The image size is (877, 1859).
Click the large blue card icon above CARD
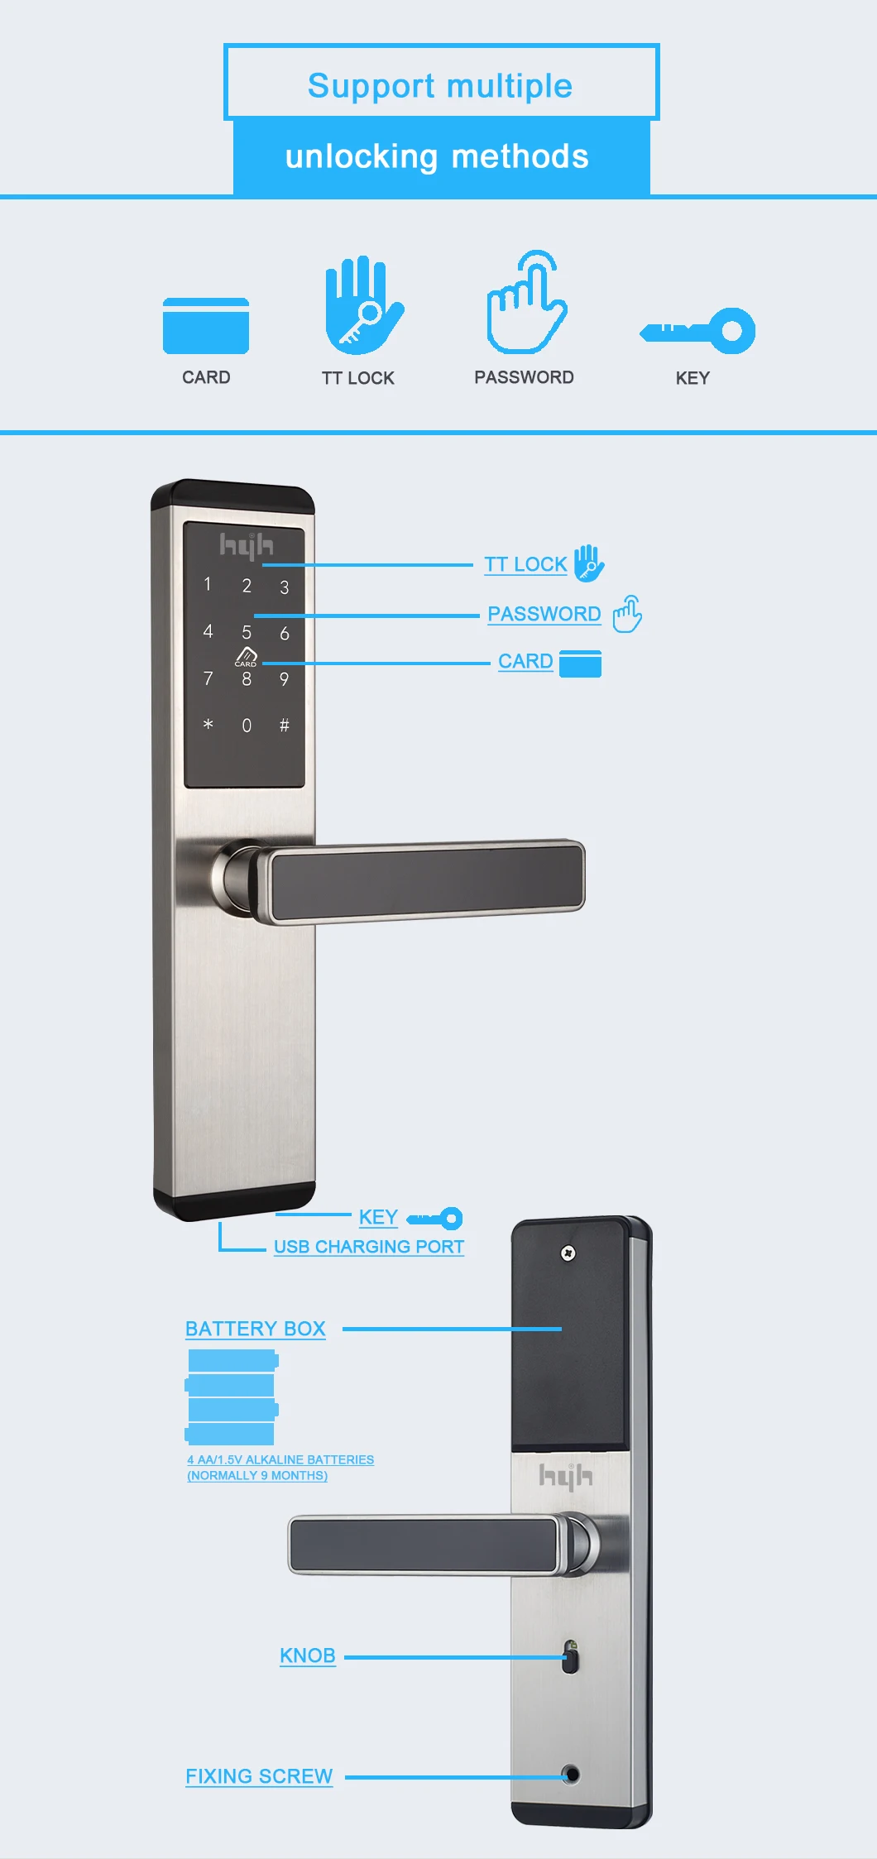[x=206, y=326]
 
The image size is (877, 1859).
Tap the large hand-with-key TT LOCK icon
[x=362, y=304]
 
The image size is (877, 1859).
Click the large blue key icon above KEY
[x=697, y=331]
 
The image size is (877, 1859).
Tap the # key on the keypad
[x=285, y=726]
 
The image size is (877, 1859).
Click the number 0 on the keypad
[x=247, y=726]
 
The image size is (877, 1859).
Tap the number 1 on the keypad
[x=208, y=584]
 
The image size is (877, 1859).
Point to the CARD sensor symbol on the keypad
[x=246, y=658]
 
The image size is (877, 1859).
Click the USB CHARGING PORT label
[x=369, y=1247]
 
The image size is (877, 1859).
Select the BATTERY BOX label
[x=256, y=1329]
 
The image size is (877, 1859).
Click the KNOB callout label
[x=308, y=1655]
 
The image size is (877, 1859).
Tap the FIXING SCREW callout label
[x=259, y=1776]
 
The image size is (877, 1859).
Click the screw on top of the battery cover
[x=568, y=1253]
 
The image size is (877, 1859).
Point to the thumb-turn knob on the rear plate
[x=570, y=1656]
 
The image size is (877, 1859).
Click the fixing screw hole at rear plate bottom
[x=570, y=1775]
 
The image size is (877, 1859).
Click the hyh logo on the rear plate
[x=566, y=1475]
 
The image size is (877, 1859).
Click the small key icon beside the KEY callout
[x=434, y=1218]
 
